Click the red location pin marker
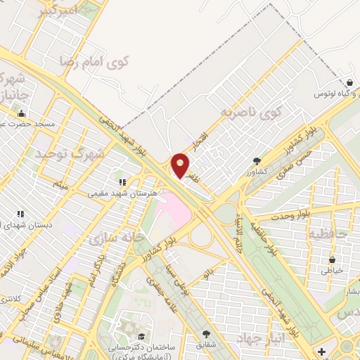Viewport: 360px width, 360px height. click(x=180, y=165)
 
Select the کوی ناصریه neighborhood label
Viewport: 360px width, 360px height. click(x=251, y=111)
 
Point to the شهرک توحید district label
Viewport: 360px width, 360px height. click(x=79, y=153)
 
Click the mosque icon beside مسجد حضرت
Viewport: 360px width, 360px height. click(x=21, y=114)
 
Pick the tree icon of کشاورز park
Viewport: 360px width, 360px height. click(x=257, y=161)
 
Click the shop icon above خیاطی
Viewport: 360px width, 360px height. click(x=331, y=260)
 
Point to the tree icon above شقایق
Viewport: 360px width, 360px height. click(x=206, y=335)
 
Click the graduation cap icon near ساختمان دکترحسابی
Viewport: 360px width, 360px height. click(x=142, y=336)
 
